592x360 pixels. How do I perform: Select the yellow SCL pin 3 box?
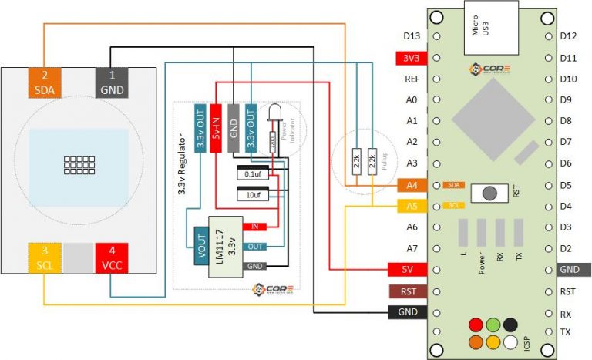pos(44,257)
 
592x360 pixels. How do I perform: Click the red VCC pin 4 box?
pos(110,257)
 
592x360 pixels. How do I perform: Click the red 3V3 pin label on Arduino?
pos(409,58)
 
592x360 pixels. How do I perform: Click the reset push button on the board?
pos(488,193)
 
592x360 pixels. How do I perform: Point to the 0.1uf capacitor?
pos(253,173)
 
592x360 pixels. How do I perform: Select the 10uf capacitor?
pos(253,195)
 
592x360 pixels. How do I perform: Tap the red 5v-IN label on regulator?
pos(217,126)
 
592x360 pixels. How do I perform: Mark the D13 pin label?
pos(411,36)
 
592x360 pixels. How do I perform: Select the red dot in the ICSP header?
pos(476,325)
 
